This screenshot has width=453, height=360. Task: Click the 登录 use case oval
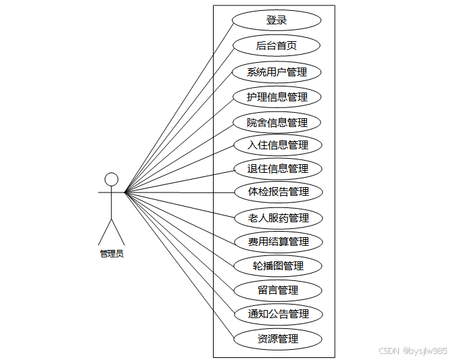tap(277, 20)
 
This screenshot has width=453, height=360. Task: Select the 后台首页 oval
tap(277, 46)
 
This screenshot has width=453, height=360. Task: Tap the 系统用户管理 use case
tap(277, 72)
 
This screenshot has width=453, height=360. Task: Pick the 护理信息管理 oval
tap(277, 97)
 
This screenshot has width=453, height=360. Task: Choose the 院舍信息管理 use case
tap(277, 122)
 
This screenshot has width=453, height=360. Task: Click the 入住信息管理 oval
tap(277, 145)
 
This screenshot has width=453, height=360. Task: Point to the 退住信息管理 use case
tap(277, 168)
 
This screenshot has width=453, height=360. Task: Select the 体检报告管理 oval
tap(278, 192)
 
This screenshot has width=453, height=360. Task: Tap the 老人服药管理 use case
tap(278, 218)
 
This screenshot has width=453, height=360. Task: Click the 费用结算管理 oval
tap(278, 241)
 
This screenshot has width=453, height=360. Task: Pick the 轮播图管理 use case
tap(278, 265)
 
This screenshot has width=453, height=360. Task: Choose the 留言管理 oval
tap(278, 290)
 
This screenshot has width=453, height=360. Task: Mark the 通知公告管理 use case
tap(278, 314)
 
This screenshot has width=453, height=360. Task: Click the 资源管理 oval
tap(278, 338)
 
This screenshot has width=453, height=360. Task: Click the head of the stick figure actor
tap(112, 179)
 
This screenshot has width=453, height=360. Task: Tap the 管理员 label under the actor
tap(112, 254)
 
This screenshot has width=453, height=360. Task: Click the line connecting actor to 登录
tap(179, 106)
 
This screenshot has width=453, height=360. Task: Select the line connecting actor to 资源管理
tap(179, 265)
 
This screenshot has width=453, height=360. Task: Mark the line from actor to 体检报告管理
tap(179, 192)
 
